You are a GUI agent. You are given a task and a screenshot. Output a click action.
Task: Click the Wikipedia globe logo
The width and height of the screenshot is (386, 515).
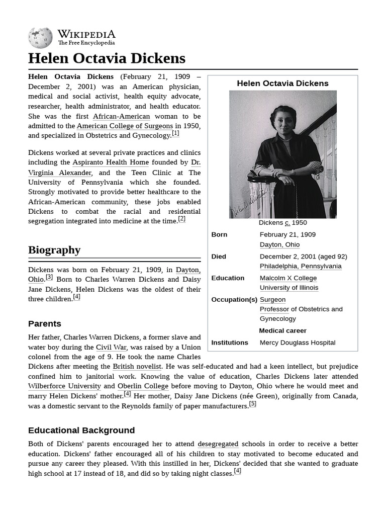point(40,38)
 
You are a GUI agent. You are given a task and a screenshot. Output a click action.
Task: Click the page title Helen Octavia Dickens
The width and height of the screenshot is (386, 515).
point(107,58)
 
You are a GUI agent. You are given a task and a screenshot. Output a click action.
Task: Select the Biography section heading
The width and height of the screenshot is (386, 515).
point(54,250)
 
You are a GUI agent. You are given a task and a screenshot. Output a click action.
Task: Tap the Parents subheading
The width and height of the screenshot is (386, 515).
point(45,323)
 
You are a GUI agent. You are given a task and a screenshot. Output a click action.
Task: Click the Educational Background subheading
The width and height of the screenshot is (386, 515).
point(81,430)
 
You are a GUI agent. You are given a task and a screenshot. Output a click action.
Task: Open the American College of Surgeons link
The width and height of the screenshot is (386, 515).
point(125,126)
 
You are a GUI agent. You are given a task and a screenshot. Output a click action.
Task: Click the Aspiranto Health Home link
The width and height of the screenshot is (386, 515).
point(111,162)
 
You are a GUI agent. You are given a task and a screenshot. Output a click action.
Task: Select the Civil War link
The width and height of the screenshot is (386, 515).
point(111,347)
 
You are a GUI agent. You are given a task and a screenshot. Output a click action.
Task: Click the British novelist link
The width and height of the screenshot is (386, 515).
point(137,367)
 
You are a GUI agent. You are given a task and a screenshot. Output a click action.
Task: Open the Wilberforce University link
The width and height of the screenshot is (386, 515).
point(64,386)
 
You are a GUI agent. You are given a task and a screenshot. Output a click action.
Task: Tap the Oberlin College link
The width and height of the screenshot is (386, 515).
point(143,386)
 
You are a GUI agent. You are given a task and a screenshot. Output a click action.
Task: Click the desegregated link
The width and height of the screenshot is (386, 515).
point(218,444)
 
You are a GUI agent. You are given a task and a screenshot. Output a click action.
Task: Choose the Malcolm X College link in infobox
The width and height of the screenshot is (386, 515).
point(288,278)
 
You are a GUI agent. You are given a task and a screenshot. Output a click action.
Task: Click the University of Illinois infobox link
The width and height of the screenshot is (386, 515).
point(288,288)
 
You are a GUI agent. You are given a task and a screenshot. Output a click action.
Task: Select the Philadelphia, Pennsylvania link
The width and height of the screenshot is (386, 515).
point(300,266)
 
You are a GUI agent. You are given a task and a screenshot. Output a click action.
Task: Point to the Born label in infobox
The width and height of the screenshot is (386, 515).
point(219,234)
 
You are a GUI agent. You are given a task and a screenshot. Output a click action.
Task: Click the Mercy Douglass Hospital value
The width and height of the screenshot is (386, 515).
point(297,342)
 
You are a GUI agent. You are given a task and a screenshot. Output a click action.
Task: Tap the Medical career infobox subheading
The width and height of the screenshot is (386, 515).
point(282,330)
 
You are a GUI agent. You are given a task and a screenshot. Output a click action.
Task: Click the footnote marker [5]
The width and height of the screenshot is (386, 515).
point(252,403)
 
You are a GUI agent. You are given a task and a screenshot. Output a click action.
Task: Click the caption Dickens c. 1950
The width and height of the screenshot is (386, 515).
point(282,223)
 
